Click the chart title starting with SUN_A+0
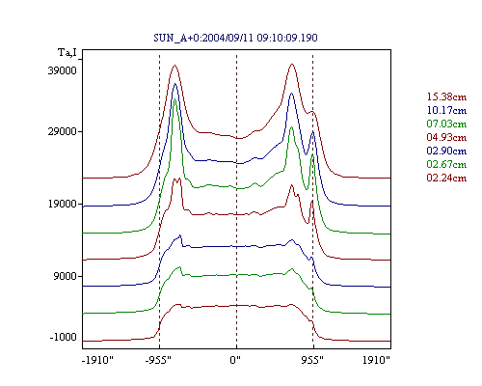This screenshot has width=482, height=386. point(235,38)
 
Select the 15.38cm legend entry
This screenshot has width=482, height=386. point(446,96)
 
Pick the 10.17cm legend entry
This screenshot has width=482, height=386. point(446,110)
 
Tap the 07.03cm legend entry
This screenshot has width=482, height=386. point(446,124)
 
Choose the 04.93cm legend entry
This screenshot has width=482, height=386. point(446,137)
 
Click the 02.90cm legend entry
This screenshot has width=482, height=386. point(446,151)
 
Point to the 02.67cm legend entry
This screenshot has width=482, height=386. point(446,164)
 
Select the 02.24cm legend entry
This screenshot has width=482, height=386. point(446,178)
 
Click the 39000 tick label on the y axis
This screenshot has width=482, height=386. point(63,70)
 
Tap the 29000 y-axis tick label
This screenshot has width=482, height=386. point(63,131)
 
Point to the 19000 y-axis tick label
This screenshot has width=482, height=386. point(63,204)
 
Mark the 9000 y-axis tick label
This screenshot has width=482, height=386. point(66,276)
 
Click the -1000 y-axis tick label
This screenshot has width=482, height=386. point(64,337)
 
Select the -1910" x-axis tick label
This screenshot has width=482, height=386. point(98,360)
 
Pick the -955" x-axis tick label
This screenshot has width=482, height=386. point(158,360)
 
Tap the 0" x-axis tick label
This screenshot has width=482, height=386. point(235,360)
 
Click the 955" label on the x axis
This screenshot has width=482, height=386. point(312,360)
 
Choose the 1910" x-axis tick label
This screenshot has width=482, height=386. point(376,360)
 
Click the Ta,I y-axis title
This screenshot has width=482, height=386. point(67,53)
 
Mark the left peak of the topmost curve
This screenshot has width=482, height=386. point(175,65)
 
